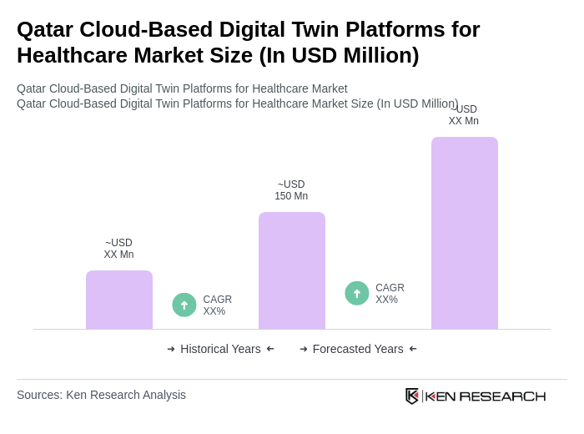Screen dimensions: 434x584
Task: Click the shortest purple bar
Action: (119, 300)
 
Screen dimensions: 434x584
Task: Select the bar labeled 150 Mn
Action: (292, 270)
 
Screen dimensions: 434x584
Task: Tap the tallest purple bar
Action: (465, 233)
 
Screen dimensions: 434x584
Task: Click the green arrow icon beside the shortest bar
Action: (184, 305)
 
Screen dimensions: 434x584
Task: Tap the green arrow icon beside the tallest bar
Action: (357, 293)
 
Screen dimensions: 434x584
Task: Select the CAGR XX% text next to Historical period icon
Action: (217, 305)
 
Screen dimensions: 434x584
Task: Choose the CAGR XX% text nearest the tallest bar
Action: (390, 294)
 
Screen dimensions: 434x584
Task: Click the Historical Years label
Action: (220, 349)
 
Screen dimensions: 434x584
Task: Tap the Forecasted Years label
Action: (358, 349)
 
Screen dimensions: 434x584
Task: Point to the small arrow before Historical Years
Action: (171, 349)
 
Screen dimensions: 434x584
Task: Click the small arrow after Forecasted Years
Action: (413, 349)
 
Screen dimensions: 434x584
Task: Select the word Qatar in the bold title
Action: (48, 29)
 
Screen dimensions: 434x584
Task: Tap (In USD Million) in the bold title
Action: (339, 55)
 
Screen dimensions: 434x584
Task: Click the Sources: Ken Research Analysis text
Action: (101, 395)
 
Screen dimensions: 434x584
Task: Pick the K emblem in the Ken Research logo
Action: (412, 396)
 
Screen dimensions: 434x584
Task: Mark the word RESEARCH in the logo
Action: (502, 396)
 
